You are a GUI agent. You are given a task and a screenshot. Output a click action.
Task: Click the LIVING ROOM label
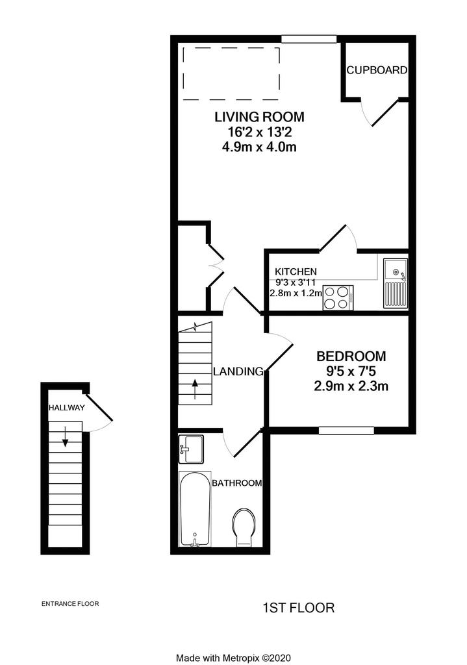click(259, 117)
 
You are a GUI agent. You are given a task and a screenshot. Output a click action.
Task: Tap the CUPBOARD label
click(377, 70)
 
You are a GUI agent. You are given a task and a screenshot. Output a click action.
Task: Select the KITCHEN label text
click(296, 271)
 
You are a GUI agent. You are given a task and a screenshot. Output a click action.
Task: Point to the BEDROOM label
click(351, 356)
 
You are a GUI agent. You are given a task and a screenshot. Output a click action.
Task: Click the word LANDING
click(238, 371)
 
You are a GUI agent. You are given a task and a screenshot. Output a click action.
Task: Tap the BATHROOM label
click(236, 483)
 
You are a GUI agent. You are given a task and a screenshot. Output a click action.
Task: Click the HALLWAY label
click(67, 408)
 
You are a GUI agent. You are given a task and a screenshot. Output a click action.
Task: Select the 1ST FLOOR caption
click(299, 608)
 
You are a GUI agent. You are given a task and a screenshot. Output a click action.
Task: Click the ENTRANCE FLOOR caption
click(70, 603)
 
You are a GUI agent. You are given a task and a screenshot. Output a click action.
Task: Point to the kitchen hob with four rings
click(338, 297)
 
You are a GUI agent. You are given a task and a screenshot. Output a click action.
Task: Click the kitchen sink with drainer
click(396, 283)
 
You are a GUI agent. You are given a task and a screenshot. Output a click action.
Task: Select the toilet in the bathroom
click(244, 527)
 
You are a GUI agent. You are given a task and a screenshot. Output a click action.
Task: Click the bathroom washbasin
click(191, 449)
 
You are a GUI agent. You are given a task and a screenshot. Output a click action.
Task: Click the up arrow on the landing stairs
click(195, 390)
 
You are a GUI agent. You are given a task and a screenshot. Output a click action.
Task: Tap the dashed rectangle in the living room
click(231, 73)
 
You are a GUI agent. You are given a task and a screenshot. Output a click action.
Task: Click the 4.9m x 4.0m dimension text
click(259, 147)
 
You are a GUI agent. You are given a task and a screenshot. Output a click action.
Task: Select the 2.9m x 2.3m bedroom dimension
click(351, 386)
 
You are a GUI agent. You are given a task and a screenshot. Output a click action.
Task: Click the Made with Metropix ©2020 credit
click(233, 658)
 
